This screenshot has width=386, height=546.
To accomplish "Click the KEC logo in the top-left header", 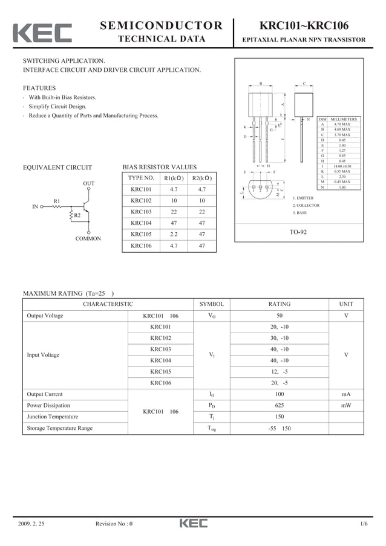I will click(42, 33).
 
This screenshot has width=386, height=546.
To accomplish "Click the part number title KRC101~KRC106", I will click(299, 25).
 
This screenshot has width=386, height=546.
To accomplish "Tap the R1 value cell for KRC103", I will click(174, 212).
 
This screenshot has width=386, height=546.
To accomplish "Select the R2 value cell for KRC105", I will click(201, 234).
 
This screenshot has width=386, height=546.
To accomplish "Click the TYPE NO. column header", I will click(141, 178).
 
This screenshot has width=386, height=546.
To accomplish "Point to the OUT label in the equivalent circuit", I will click(88, 183).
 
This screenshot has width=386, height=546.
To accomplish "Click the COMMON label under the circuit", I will click(88, 239).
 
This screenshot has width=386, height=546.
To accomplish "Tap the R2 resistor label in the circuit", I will click(77, 215).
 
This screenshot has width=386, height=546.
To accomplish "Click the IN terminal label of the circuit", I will click(35, 207).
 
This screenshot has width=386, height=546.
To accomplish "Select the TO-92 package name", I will click(298, 232).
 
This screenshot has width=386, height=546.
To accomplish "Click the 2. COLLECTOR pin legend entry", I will click(306, 206).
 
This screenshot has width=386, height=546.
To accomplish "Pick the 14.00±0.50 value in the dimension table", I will click(342, 166).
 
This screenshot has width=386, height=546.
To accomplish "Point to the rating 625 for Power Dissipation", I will click(279, 406).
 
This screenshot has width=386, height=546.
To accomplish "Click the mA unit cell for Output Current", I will click(346, 394).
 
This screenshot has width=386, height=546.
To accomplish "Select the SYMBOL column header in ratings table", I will click(211, 304).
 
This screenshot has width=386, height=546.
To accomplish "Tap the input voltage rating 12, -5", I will click(279, 372).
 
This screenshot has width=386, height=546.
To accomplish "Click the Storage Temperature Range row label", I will click(60, 428).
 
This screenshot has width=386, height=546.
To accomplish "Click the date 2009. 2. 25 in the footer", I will click(31, 524).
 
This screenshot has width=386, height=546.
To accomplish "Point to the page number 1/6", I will click(363, 524).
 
